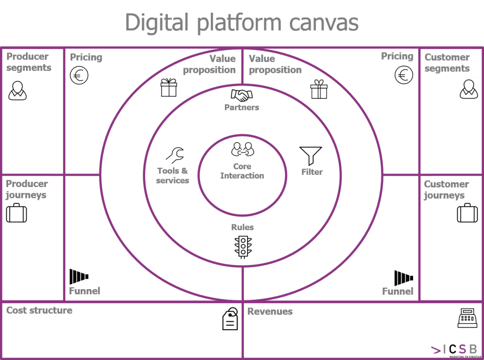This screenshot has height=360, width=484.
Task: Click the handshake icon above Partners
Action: [242, 95]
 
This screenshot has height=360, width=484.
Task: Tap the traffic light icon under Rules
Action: [243, 247]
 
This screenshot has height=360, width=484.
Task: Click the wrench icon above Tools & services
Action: [175, 155]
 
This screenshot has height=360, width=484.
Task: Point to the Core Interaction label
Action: [242, 171]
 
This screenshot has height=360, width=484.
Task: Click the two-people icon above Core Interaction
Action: [243, 149]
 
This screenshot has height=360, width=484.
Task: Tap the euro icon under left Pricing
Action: [79, 76]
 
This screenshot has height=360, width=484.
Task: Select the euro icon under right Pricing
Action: [404, 75]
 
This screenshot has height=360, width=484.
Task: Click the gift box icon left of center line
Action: [169, 87]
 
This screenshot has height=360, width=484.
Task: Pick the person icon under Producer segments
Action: [17, 90]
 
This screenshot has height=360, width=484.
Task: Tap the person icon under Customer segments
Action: [468, 89]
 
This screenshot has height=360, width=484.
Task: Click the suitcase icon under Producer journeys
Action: [17, 213]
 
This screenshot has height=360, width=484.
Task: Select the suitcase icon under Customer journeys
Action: [467, 213]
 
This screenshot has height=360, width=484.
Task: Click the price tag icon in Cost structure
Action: [231, 319]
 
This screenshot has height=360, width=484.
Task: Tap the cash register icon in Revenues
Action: [467, 318]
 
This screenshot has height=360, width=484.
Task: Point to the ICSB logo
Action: [454, 350]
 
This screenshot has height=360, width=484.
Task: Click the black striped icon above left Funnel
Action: [79, 276]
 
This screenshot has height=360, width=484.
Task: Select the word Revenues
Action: [270, 311]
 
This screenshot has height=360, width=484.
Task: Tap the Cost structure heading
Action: [39, 310]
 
